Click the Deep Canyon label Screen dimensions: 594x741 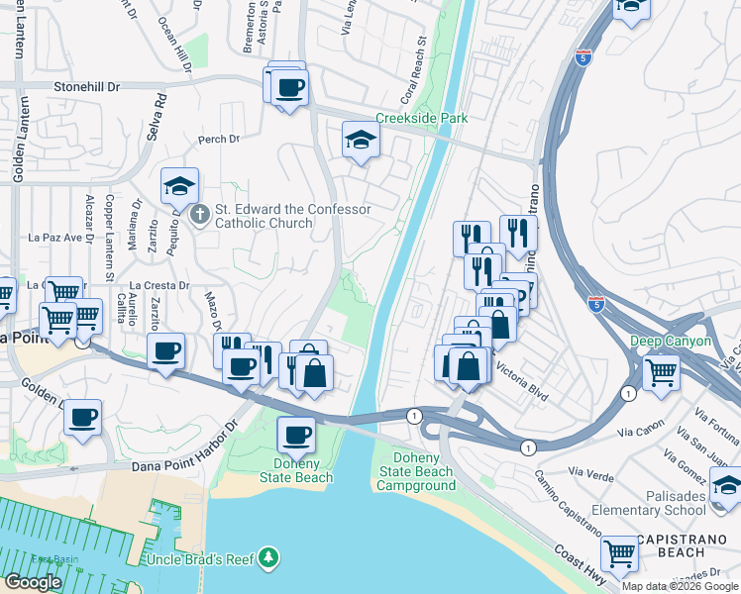click(x=671, y=341)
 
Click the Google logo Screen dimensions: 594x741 click(x=34, y=581)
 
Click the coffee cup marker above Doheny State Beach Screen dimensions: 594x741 click(x=295, y=434)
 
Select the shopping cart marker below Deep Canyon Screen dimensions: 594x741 click(x=661, y=372)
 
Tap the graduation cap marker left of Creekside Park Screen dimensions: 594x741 click(x=361, y=140)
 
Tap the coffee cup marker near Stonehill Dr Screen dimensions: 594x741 click(x=289, y=87)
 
